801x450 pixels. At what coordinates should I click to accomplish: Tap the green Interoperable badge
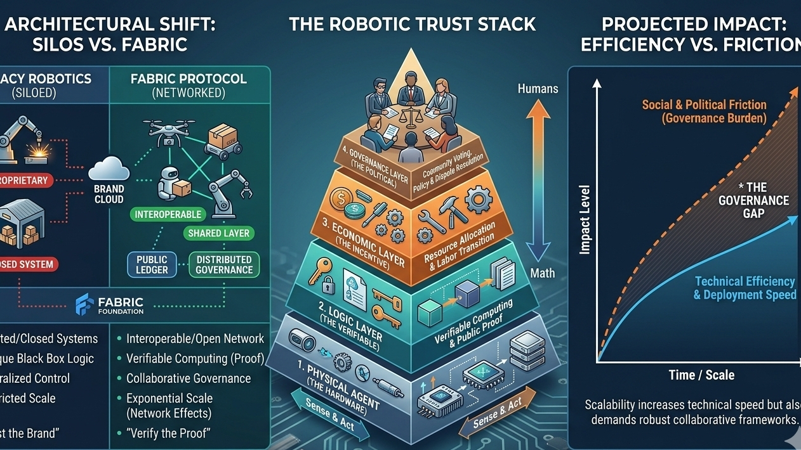[168, 214]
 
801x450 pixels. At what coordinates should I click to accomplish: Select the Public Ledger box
[152, 264]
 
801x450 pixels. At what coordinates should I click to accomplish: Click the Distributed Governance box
[223, 264]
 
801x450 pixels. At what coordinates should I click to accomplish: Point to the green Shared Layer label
[219, 233]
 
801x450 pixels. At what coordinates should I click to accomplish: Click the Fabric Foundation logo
[109, 304]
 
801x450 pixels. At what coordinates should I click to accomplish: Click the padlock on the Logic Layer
[328, 286]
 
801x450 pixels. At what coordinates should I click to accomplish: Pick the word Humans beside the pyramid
[538, 89]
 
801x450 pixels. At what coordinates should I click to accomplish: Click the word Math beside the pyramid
[542, 273]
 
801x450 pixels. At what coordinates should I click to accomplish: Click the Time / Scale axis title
[701, 375]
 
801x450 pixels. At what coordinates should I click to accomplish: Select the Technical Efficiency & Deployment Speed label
[745, 288]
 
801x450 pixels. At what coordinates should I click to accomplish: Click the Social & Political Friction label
[704, 112]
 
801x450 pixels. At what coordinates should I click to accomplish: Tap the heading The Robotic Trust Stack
[413, 25]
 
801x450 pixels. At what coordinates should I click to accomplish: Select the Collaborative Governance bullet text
[189, 378]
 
